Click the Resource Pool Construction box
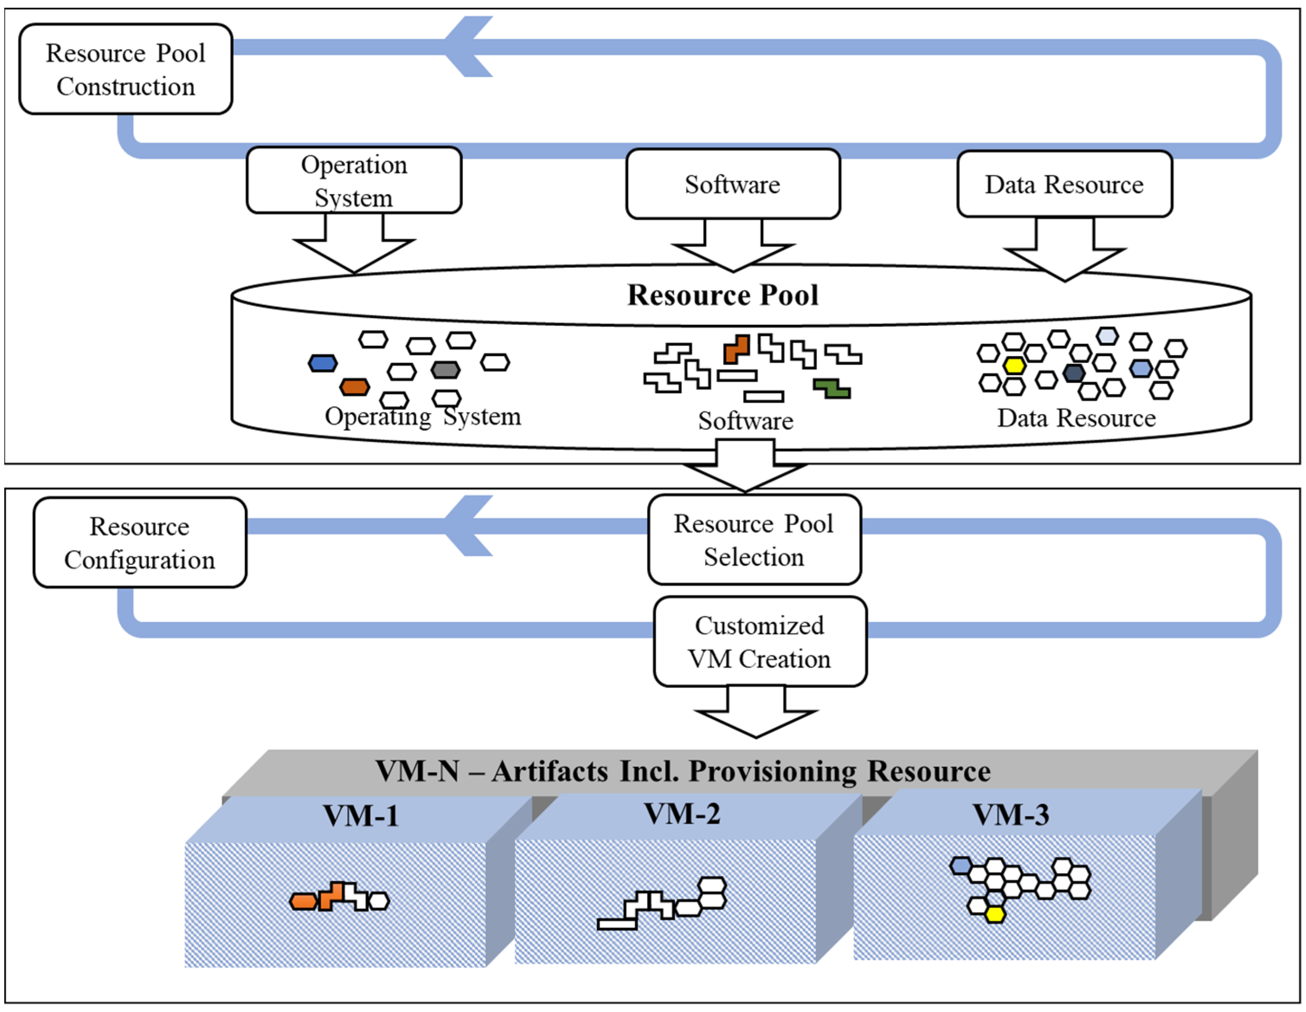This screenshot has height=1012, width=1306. (125, 69)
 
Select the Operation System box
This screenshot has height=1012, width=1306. (354, 180)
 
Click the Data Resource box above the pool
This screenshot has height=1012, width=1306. (1065, 184)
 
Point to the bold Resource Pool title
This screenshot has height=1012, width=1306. (722, 295)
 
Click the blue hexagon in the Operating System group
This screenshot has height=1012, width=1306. (323, 363)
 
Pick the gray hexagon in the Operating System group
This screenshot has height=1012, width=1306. (446, 369)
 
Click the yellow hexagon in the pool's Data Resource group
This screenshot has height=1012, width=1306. (1014, 365)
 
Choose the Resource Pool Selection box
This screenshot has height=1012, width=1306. (754, 540)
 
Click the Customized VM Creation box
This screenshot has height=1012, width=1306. (760, 642)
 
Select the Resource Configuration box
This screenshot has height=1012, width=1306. (140, 543)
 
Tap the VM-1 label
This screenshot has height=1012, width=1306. (361, 815)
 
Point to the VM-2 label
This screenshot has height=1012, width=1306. (682, 813)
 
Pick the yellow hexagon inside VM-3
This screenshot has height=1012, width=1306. (995, 914)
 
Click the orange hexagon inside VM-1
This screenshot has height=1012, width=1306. (304, 901)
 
